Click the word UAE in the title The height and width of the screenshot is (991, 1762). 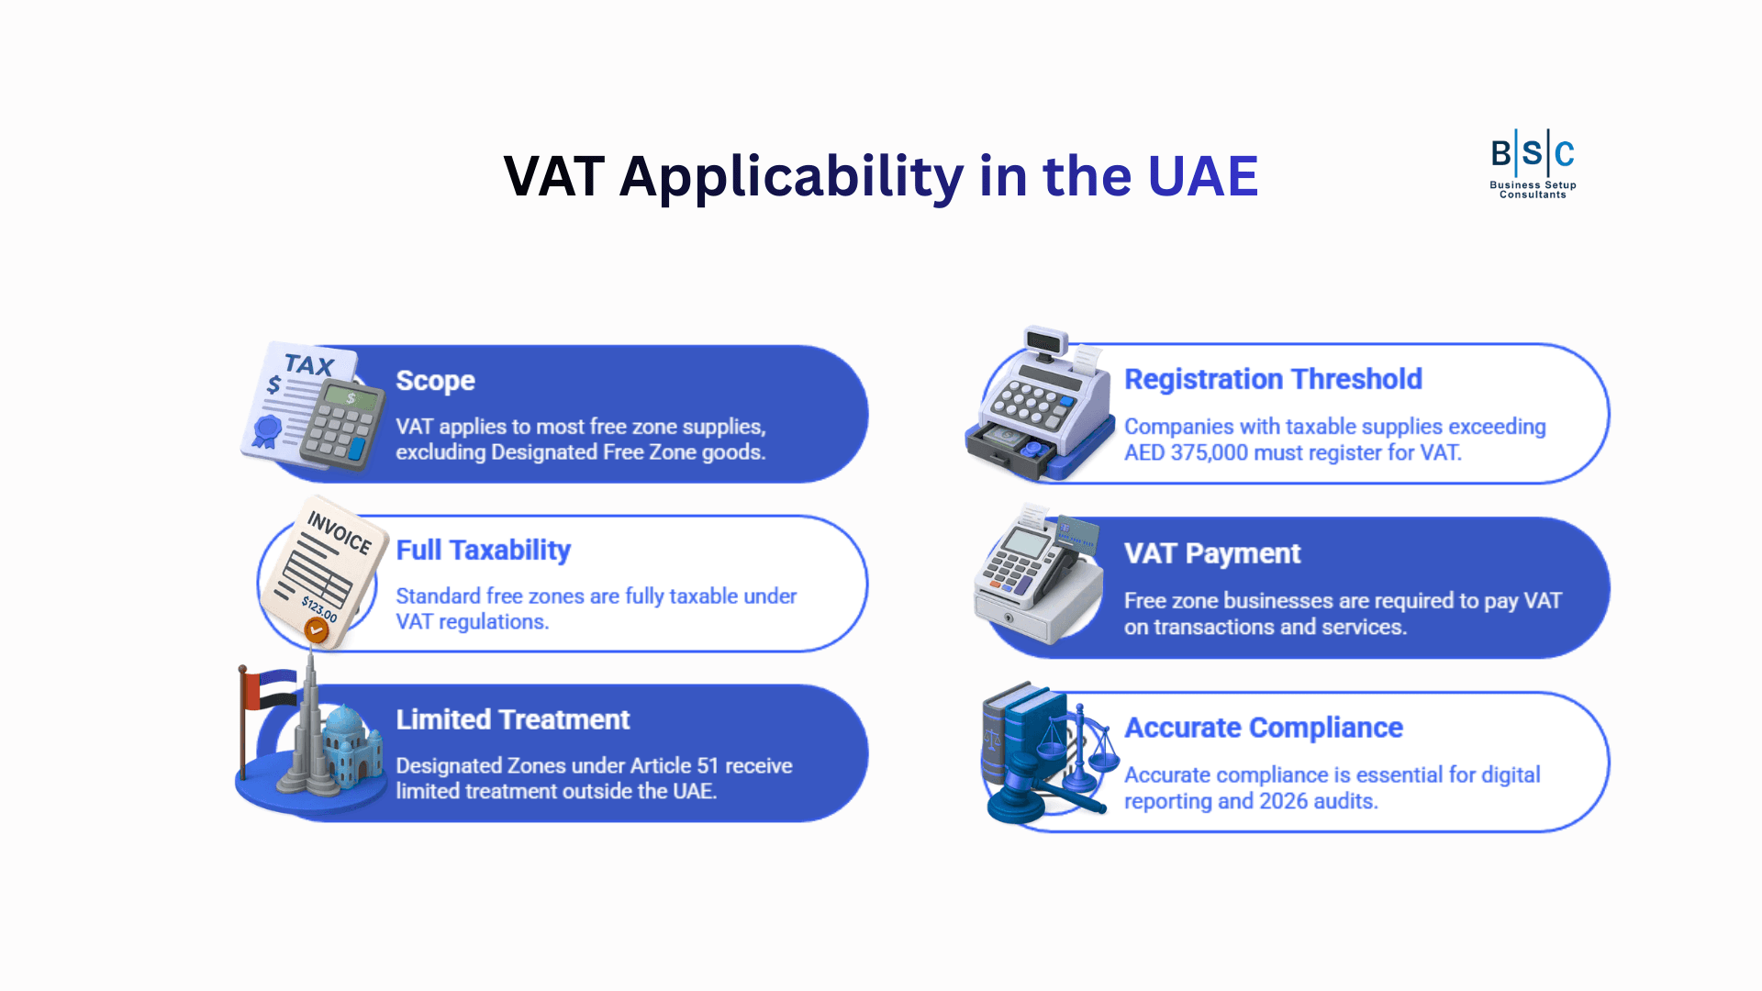(1202, 176)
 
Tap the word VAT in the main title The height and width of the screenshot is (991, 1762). (553, 176)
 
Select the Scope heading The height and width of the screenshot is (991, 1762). (435, 381)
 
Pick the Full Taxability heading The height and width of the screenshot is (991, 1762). (483, 550)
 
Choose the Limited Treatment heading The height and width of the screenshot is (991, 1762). (512, 719)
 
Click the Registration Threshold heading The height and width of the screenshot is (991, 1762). (1273, 379)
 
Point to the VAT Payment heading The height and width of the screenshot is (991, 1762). (1211, 553)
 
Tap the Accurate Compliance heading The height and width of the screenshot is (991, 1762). (1263, 728)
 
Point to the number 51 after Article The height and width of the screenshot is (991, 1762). (707, 766)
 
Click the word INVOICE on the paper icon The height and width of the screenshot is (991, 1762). (339, 532)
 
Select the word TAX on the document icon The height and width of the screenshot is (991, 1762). (308, 364)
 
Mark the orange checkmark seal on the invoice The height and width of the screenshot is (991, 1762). (317, 630)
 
